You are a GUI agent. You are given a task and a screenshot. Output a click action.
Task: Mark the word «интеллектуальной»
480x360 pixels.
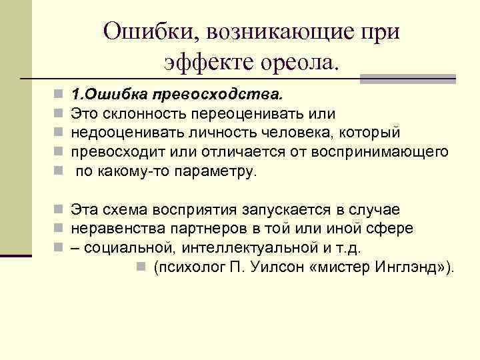(258, 248)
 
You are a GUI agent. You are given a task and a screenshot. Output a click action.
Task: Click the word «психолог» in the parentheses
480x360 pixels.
(190, 267)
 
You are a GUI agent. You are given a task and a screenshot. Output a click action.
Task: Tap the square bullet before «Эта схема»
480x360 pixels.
(58, 210)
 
